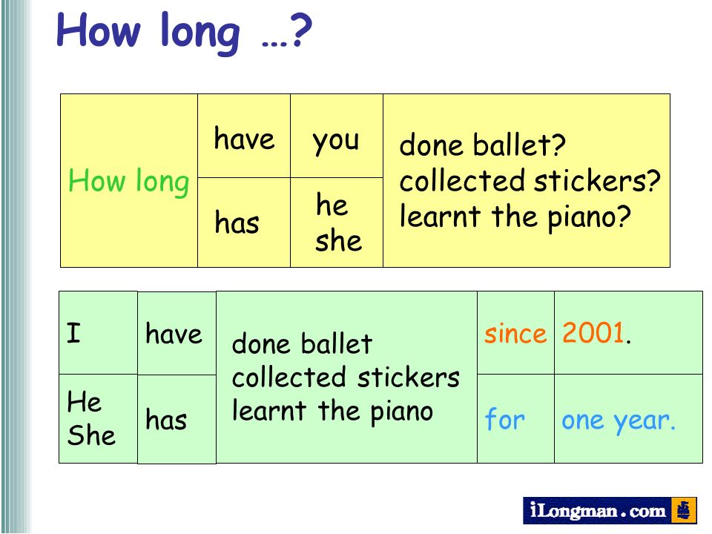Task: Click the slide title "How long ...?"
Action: (x=184, y=32)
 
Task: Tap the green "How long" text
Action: (x=128, y=182)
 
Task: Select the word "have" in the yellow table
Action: (x=244, y=139)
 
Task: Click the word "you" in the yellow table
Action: (x=335, y=141)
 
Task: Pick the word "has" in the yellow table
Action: (x=237, y=222)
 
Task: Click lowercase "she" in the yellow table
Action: (x=339, y=240)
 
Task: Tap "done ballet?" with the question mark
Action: (x=482, y=145)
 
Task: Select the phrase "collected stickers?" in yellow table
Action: (x=530, y=181)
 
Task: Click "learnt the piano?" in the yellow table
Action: (x=515, y=217)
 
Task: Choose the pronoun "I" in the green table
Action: (x=73, y=333)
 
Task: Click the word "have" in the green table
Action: (x=174, y=334)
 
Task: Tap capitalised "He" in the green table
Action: (x=84, y=401)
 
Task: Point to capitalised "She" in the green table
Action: (x=91, y=435)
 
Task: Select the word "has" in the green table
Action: (x=166, y=419)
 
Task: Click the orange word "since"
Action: (x=515, y=334)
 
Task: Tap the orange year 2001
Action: (x=596, y=332)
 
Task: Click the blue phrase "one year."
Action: (x=619, y=421)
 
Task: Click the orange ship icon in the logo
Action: (x=683, y=510)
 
